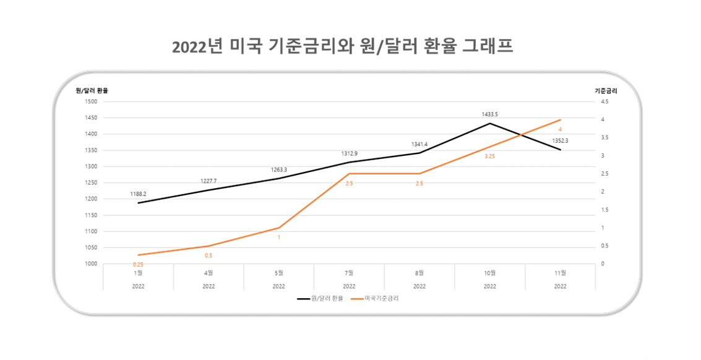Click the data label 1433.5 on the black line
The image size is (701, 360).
[490, 114]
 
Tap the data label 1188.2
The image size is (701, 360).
[138, 194]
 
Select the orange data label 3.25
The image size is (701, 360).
[489, 156]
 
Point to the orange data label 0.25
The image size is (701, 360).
[138, 265]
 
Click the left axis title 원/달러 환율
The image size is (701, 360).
[92, 90]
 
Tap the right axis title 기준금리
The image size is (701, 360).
[606, 90]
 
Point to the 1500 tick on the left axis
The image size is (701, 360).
[92, 101]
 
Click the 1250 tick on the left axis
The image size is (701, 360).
[92, 182]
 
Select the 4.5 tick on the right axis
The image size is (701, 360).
[604, 101]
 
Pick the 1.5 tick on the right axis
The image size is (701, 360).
[604, 210]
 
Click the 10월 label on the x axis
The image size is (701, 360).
[489, 272]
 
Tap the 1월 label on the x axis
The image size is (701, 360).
[138, 272]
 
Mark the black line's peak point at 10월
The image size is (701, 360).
[490, 123]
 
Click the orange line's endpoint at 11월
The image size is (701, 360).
[560, 120]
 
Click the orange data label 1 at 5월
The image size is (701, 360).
[278, 238]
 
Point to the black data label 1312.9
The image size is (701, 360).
[349, 153]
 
